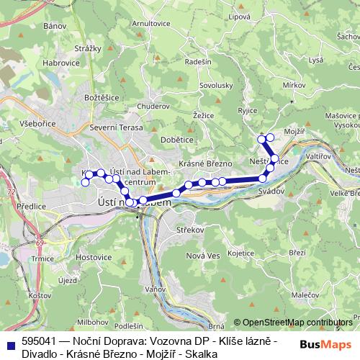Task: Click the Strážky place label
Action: click(x=87, y=48)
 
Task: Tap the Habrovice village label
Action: click(x=60, y=63)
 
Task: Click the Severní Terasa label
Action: click(x=112, y=127)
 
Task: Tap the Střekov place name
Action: click(x=191, y=230)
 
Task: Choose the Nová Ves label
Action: click(x=202, y=256)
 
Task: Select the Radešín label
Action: click(x=198, y=62)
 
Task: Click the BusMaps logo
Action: click(x=327, y=344)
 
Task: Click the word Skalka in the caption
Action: click(x=202, y=354)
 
